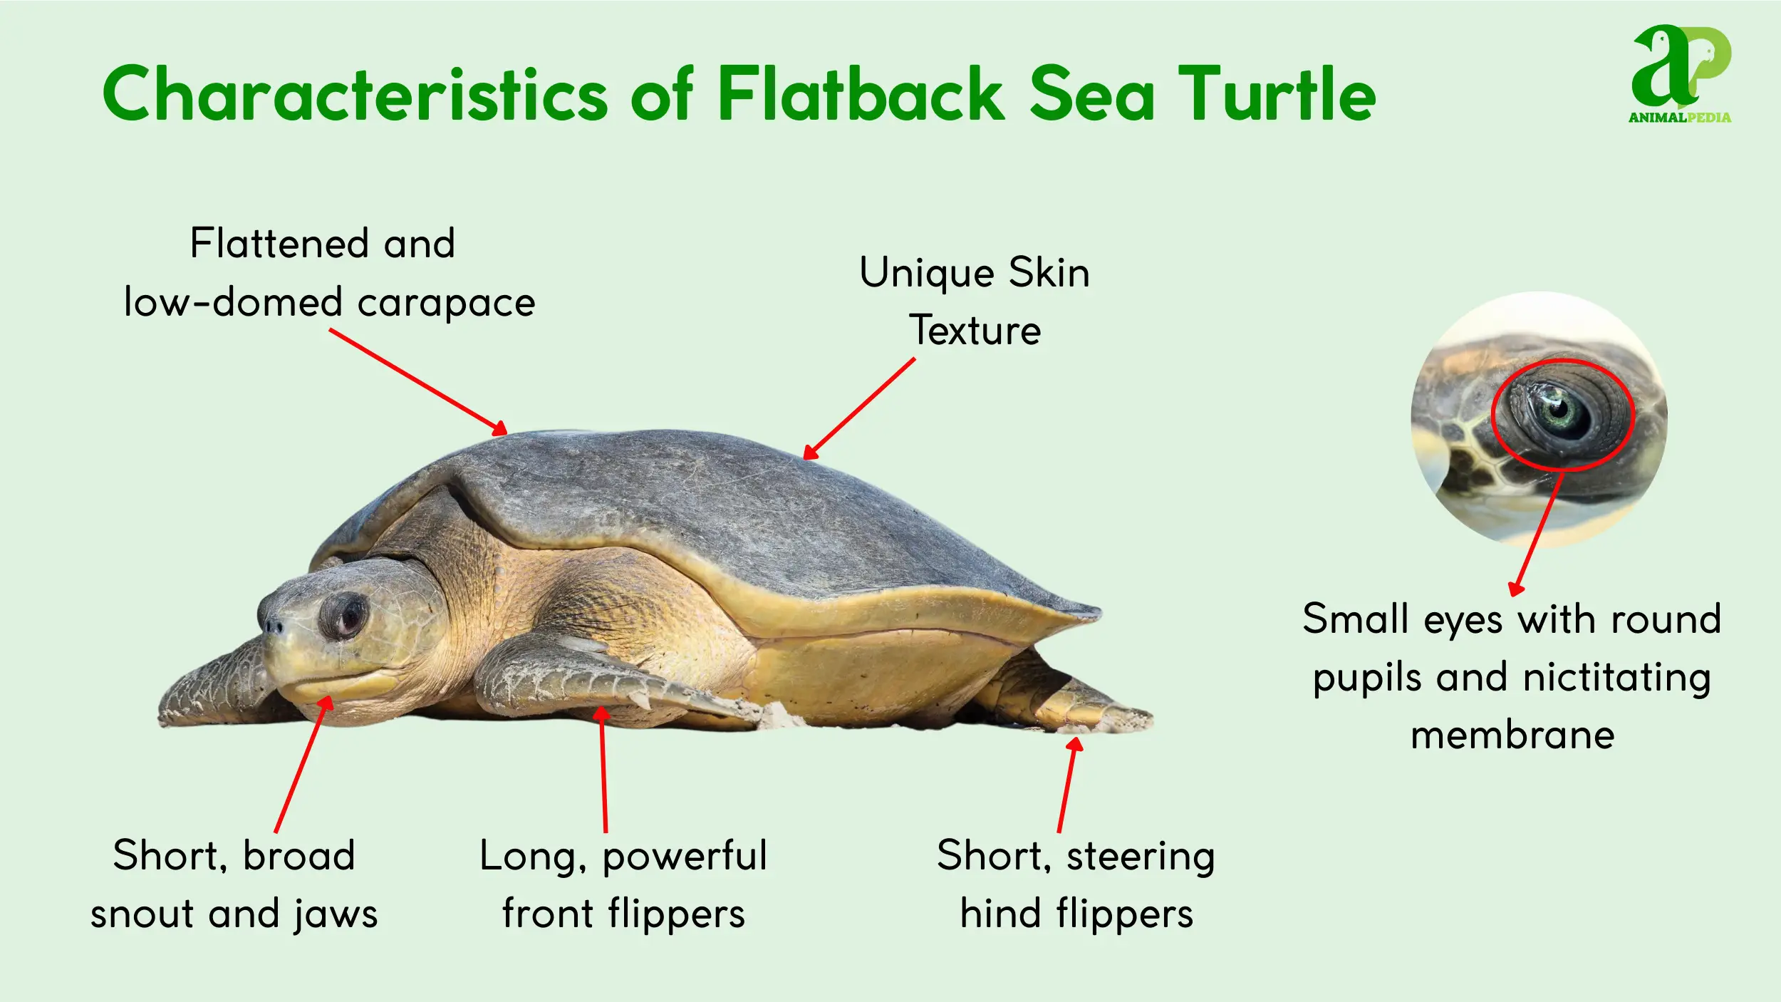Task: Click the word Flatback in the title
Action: pos(861,93)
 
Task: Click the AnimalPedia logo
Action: pos(1681,74)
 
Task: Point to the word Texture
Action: pos(975,330)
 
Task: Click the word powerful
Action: pos(685,856)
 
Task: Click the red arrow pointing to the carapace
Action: pos(418,382)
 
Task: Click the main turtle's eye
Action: pos(345,616)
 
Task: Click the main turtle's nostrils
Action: pos(271,626)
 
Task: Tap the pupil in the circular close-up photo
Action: pos(1559,409)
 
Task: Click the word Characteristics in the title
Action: pos(355,93)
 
